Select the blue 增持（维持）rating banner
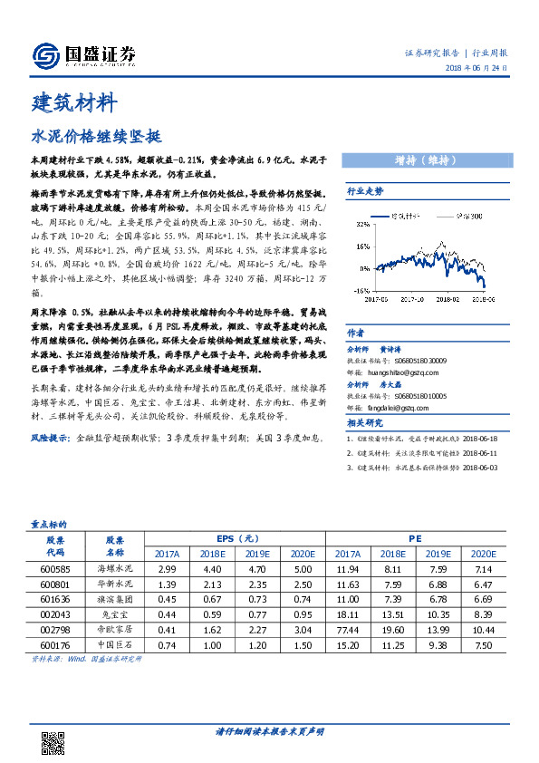click(x=424, y=160)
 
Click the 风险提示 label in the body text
click(x=51, y=437)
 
